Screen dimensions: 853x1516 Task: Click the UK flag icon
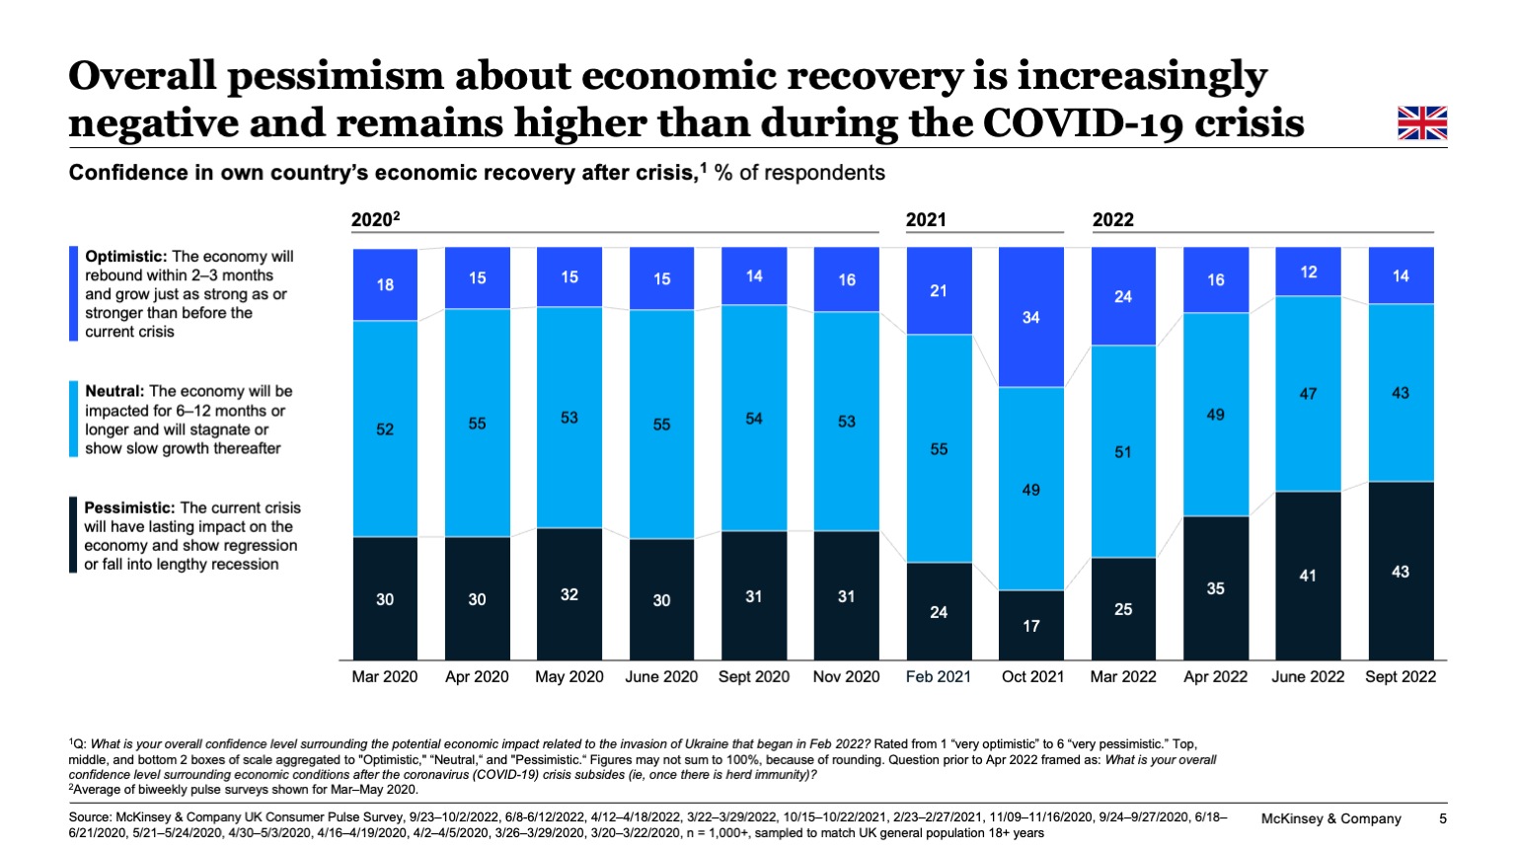[1421, 123]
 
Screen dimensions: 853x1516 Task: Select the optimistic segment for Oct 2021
[1030, 317]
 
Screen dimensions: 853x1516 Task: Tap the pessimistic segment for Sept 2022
[1400, 571]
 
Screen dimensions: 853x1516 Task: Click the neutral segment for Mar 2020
[385, 428]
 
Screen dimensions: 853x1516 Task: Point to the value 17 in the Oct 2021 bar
[1030, 626]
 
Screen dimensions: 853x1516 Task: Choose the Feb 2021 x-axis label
[938, 677]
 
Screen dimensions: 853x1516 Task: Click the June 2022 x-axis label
[1307, 677]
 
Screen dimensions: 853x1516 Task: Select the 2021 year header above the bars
[926, 220]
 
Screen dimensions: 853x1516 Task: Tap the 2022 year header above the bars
[1112, 220]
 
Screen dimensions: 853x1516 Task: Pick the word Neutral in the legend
[114, 392]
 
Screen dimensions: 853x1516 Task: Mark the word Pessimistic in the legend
[129, 508]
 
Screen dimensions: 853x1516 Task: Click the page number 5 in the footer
[1442, 818]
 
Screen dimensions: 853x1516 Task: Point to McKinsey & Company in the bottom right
[1330, 818]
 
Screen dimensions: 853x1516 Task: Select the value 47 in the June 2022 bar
[1307, 394]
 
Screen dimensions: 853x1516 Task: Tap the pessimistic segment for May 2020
[569, 594]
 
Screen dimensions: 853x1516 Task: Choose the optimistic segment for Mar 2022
[1123, 296]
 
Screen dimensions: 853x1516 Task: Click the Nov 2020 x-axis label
[846, 677]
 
